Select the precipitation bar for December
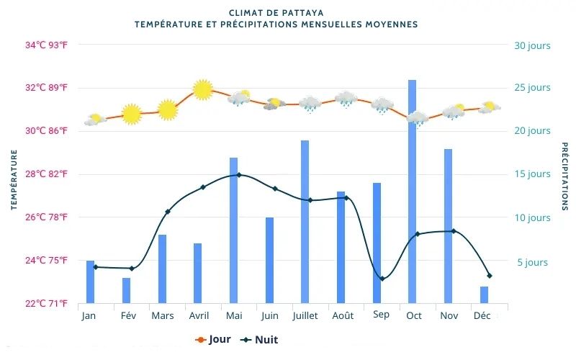click(484, 294)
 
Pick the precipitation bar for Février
click(126, 290)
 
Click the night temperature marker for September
click(382, 279)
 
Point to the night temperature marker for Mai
click(239, 175)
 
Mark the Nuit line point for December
click(490, 276)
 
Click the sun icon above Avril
click(203, 89)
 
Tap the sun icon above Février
click(131, 114)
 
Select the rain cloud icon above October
click(417, 117)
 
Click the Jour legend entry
click(213, 340)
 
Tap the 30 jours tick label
click(532, 45)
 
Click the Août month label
click(342, 316)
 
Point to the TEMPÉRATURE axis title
click(14, 180)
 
